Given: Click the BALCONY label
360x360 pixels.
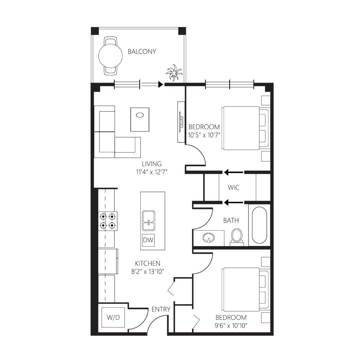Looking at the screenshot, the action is tap(142, 51).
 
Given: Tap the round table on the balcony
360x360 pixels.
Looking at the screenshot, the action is tap(110, 56).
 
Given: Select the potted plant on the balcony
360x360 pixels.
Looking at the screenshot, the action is tap(174, 73).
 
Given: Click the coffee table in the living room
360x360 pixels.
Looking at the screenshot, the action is tap(140, 120).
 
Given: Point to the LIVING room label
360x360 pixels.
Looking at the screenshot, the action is tap(152, 164).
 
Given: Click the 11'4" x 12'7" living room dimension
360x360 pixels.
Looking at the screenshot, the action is tap(152, 172).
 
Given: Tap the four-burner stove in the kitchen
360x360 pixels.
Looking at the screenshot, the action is tap(108, 221).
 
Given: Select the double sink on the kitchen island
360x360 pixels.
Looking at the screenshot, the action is tap(149, 220).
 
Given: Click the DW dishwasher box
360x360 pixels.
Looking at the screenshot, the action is tap(148, 240).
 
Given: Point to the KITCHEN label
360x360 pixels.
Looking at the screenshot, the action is tap(148, 263).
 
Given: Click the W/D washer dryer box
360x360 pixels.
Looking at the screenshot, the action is tap(113, 318).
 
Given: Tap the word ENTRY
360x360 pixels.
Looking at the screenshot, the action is tap(161, 309).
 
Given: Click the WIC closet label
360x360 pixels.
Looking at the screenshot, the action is tap(233, 188).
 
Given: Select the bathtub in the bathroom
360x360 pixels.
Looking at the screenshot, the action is tap(259, 225).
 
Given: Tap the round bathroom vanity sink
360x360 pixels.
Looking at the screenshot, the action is tap(209, 238).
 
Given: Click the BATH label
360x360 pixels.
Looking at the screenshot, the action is tap(231, 221).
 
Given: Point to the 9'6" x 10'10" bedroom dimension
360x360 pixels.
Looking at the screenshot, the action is tap(231, 326).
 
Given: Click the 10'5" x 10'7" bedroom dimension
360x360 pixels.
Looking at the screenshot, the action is tap(204, 135).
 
